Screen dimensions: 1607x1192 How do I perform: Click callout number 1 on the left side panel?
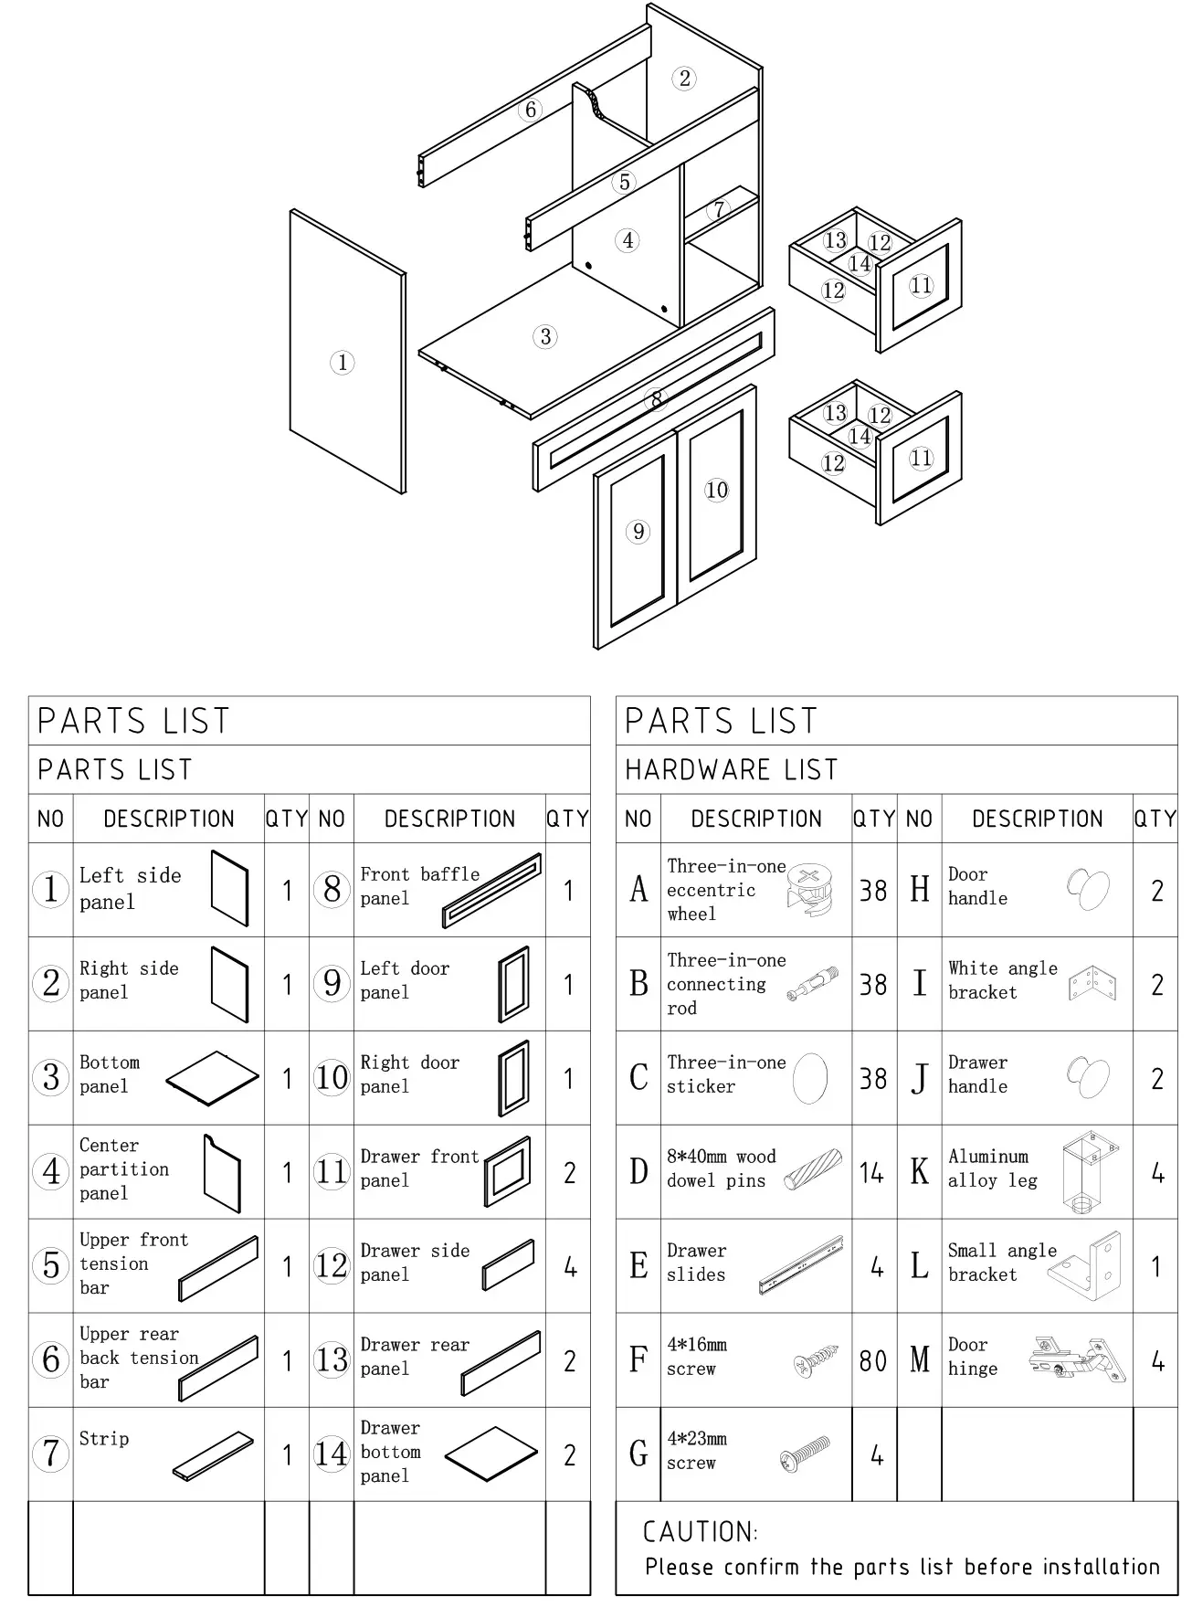click(x=342, y=363)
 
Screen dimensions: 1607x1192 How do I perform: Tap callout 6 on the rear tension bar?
click(x=531, y=110)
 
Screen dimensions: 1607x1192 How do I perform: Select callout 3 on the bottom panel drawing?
click(x=545, y=336)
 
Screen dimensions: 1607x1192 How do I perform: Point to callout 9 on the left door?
click(x=638, y=532)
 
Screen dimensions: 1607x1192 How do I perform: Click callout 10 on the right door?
click(x=717, y=490)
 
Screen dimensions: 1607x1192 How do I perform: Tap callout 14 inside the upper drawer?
click(x=859, y=264)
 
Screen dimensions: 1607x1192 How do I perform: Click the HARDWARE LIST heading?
click(x=731, y=770)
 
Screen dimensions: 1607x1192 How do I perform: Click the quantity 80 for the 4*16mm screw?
click(x=872, y=1361)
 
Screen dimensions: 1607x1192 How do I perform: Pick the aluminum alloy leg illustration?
click(x=1090, y=1172)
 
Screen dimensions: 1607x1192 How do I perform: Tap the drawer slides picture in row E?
click(x=801, y=1265)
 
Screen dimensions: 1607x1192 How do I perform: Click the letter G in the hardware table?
click(x=638, y=1454)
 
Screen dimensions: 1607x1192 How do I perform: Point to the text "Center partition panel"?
click(x=124, y=1169)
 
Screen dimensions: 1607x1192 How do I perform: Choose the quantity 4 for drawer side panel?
click(x=570, y=1267)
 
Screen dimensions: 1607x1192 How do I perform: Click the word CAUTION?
click(x=700, y=1532)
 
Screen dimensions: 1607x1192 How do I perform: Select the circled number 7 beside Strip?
click(x=51, y=1454)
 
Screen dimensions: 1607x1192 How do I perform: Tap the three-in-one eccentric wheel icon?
click(x=809, y=890)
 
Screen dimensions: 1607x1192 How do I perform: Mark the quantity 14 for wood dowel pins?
click(x=871, y=1173)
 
